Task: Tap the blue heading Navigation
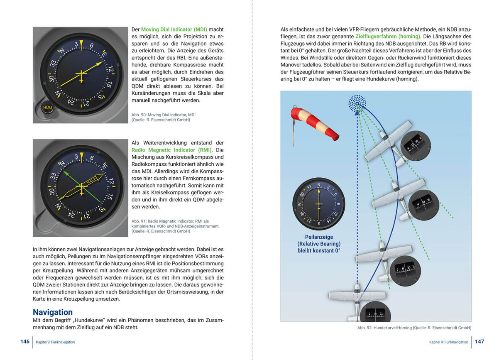tap(53, 312)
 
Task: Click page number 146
tap(25, 341)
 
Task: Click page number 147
tap(480, 341)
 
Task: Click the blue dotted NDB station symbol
tap(357, 103)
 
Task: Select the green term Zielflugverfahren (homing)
tap(388, 37)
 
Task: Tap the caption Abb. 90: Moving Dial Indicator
tap(163, 115)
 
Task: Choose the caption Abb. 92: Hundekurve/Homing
tap(414, 328)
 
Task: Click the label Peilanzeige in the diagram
tap(318, 237)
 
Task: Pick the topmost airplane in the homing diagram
tap(388, 141)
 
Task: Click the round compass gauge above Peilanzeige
tap(318, 204)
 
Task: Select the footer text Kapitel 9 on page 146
tap(55, 342)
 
